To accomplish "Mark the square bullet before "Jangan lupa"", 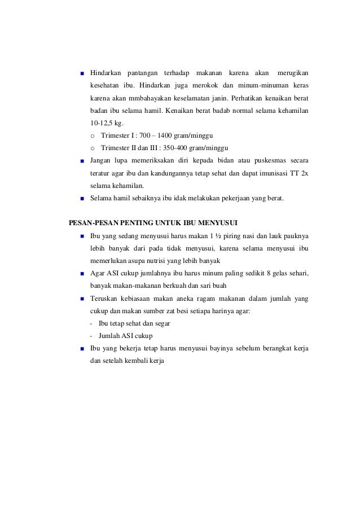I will coord(82,161).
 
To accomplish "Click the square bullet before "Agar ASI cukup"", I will coord(82,274).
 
